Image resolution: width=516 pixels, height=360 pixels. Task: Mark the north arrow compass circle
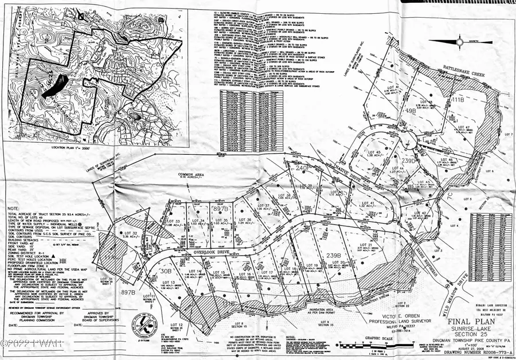[460, 41]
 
